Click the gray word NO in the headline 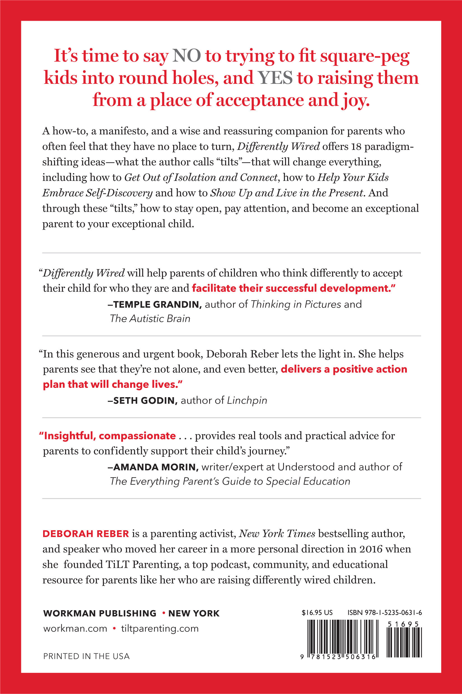pyautogui.click(x=186, y=56)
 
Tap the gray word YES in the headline pyautogui.click(x=275, y=78)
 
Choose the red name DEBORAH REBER pyautogui.click(x=86, y=534)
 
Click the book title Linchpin pyautogui.click(x=247, y=401)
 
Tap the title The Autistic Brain pyautogui.click(x=150, y=318)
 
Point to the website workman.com pyautogui.click(x=75, y=628)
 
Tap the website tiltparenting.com pyautogui.click(x=160, y=628)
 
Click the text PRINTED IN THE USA pyautogui.click(x=86, y=656)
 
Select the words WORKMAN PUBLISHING pyautogui.click(x=100, y=614)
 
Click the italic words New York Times pyautogui.click(x=277, y=534)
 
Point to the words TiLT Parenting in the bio pyautogui.click(x=143, y=564)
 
